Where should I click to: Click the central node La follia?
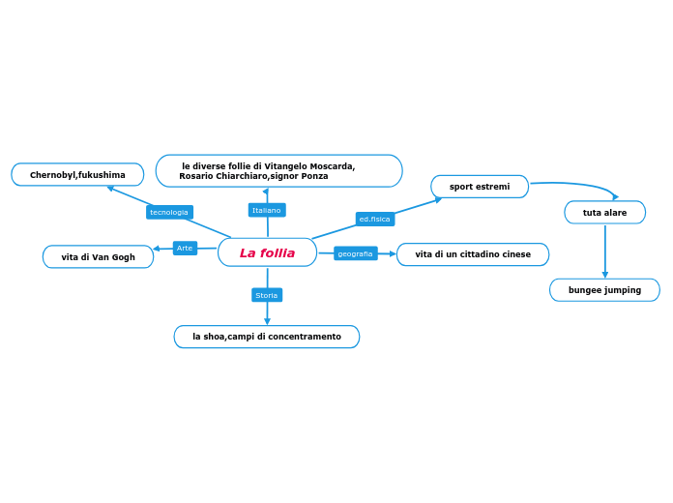click(267, 252)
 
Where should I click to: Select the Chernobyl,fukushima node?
click(77, 175)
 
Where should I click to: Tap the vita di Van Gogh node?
click(98, 257)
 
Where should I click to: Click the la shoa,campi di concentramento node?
click(266, 337)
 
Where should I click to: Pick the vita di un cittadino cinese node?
click(473, 254)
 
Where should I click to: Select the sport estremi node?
click(480, 187)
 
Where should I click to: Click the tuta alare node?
click(604, 213)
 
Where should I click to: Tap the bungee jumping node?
click(604, 290)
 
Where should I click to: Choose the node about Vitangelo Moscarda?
click(278, 171)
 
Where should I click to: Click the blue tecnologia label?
click(169, 212)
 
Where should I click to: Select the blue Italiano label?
click(266, 210)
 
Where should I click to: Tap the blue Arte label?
click(185, 249)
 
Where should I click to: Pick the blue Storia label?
click(266, 295)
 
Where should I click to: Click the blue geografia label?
click(355, 253)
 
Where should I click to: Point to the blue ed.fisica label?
click(375, 220)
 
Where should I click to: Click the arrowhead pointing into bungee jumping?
click(605, 275)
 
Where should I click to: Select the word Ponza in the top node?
click(314, 176)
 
